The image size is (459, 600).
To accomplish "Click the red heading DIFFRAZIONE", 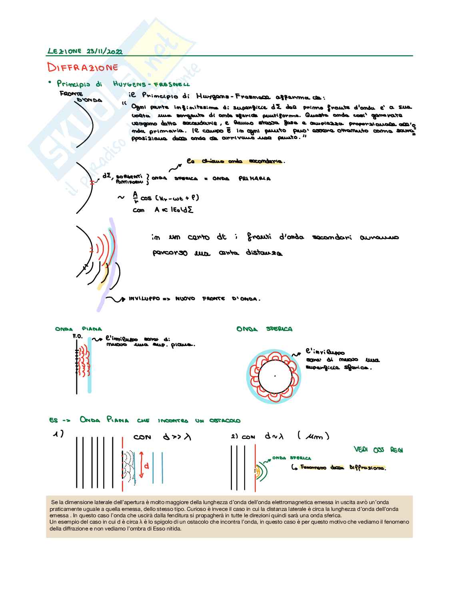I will coord(82,67).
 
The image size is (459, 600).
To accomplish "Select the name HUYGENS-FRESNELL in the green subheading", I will coord(151,84).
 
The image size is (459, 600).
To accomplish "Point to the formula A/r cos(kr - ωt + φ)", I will coord(166,198).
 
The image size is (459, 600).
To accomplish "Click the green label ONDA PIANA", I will coord(78,329).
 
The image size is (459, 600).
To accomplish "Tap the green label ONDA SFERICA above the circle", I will coord(264,329).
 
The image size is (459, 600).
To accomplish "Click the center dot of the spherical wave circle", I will coord(275,376).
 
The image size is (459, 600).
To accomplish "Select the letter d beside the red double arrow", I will coord(146,466).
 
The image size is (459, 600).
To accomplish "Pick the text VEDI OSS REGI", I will coord(378,450).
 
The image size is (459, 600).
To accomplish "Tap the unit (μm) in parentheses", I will coord(313,437).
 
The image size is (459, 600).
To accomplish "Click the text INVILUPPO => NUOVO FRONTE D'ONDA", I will coord(194,299).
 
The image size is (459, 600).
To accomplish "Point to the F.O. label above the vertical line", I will coord(77,337).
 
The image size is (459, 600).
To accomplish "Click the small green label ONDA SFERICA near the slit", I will coord(291,458).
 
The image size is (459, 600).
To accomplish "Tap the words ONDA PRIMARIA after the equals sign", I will coord(241,179).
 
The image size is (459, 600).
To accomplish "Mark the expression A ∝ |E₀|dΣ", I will coord(174,210).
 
